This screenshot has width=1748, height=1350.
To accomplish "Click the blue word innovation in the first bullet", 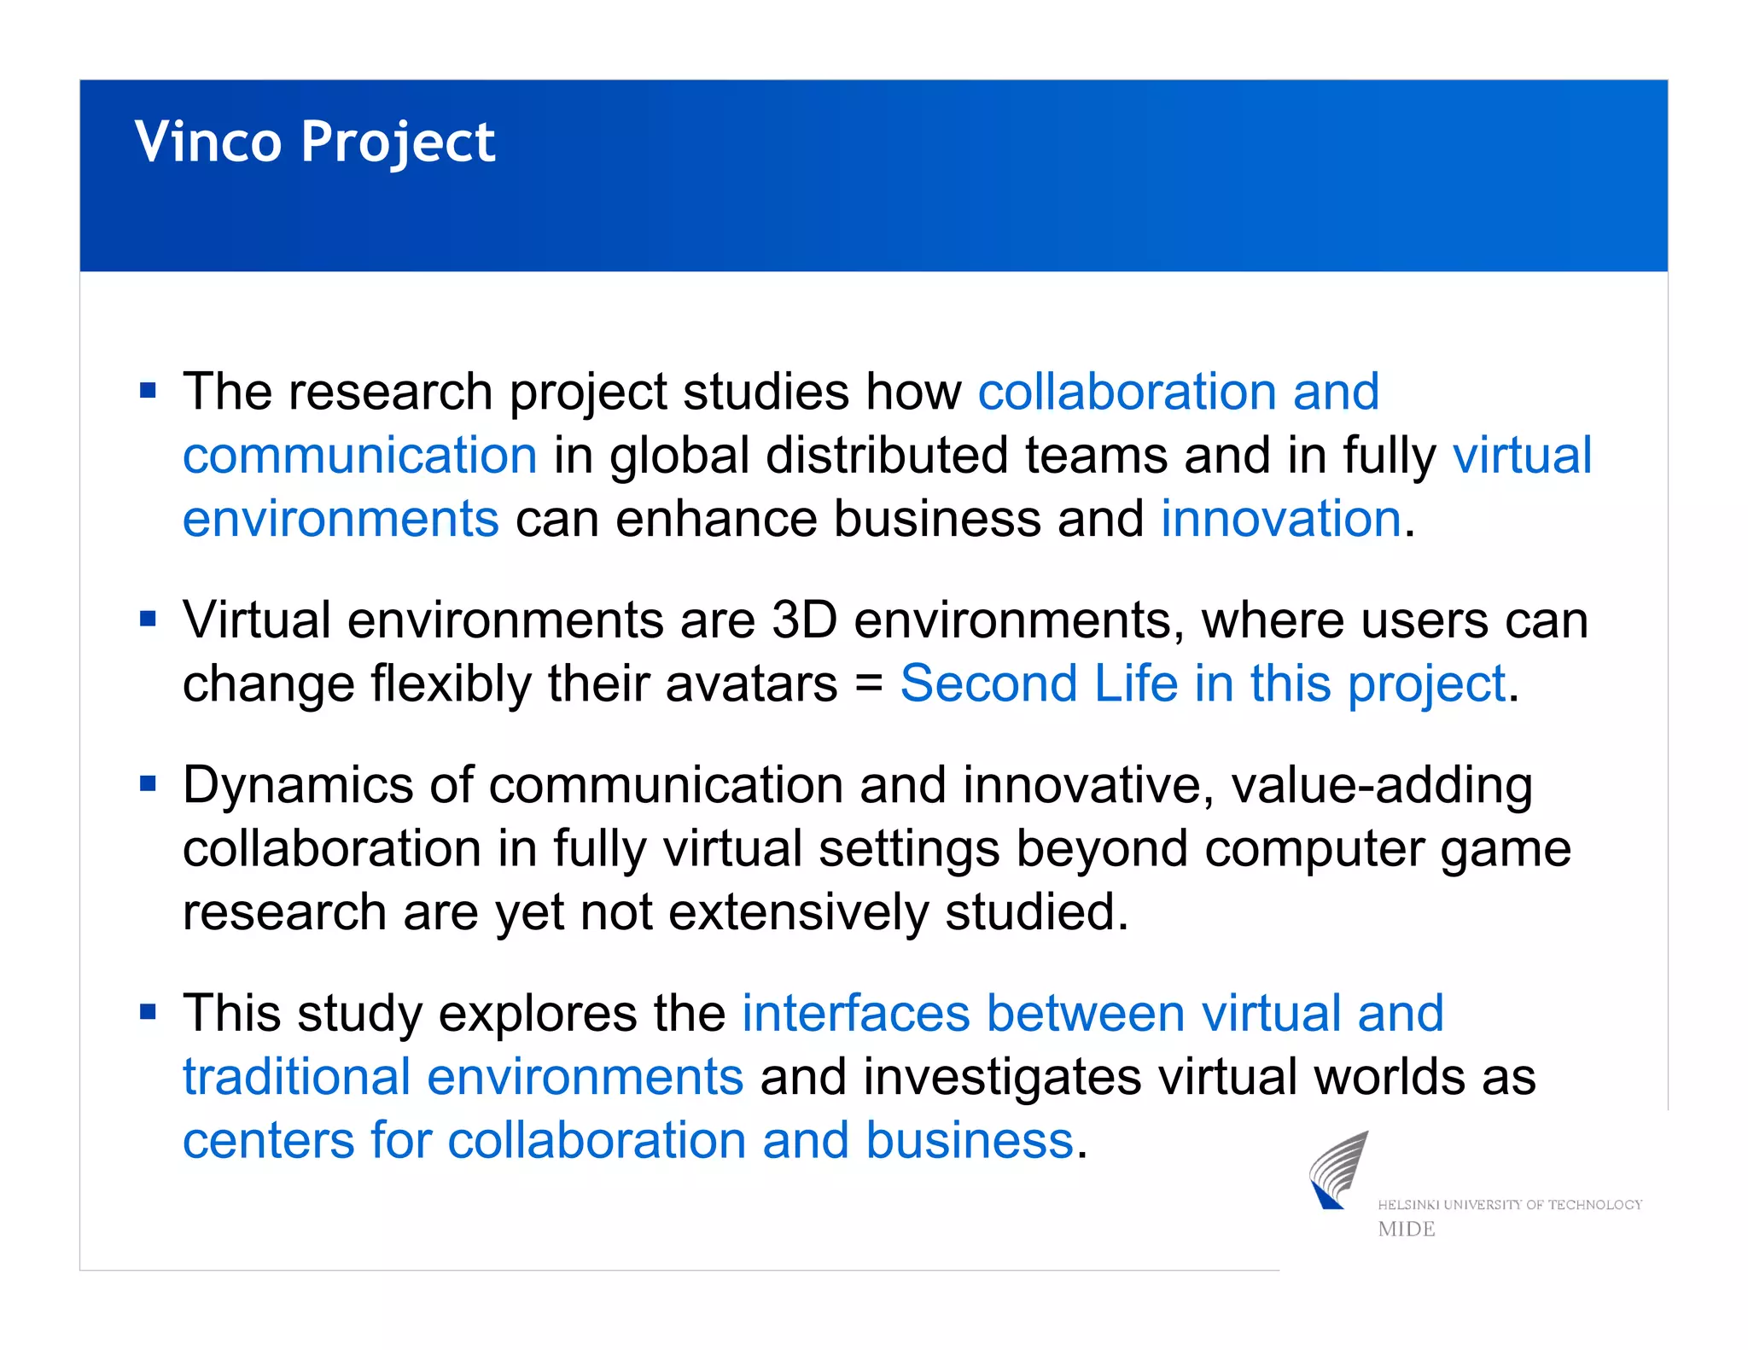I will click(x=1280, y=519).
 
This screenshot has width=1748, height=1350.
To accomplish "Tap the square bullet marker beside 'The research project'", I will click(x=149, y=392).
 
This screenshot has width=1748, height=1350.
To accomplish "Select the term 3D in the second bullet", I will click(x=804, y=620).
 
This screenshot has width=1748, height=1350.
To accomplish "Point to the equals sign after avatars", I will click(x=868, y=684).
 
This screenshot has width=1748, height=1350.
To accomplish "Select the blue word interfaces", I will click(x=856, y=1013).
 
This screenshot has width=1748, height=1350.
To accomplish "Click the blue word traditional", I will click(x=297, y=1076).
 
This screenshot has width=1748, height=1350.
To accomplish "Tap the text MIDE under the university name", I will click(x=1407, y=1229).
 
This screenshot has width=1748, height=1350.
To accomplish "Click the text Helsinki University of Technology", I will click(x=1509, y=1204).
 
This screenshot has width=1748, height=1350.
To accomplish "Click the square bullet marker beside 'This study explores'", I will click(x=149, y=1013).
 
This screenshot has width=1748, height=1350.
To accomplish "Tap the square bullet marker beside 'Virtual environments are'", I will click(x=149, y=620).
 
